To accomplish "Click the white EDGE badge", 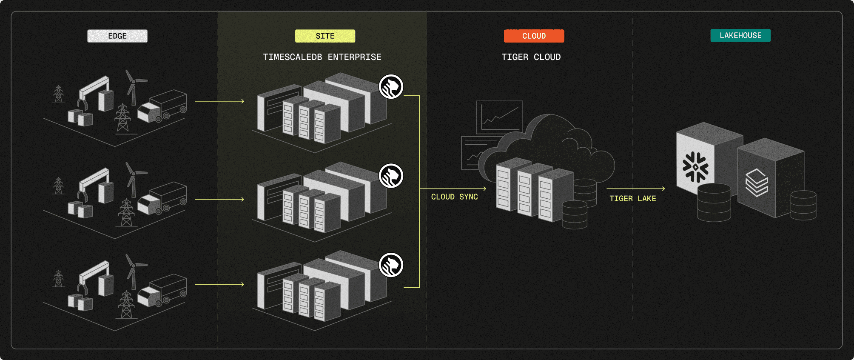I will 117,36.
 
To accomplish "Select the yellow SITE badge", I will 325,36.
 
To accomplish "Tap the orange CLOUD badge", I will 534,36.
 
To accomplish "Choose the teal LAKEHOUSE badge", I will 740,35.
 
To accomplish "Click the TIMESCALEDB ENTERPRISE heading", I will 322,57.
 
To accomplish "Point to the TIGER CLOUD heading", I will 531,57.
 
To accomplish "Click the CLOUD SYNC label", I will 454,197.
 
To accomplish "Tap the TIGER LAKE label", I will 632,199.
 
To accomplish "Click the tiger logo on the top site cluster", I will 391,87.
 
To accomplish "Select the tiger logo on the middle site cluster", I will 391,176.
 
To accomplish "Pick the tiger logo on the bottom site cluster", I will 391,265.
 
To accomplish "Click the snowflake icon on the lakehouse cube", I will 695,167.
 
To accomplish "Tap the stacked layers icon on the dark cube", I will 757,183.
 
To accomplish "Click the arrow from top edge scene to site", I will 219,101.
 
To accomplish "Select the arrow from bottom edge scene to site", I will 219,284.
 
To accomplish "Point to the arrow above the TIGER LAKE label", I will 635,189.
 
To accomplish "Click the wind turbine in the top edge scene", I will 133,87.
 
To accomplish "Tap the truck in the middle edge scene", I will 163,198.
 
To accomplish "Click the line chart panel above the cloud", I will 499,116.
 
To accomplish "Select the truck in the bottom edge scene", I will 163,290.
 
